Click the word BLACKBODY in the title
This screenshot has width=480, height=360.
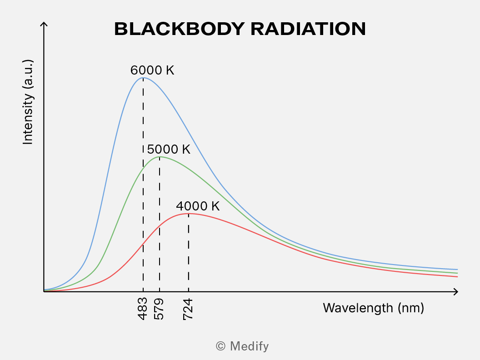(180, 29)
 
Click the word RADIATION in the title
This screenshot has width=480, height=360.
(308, 29)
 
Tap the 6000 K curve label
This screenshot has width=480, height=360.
(152, 70)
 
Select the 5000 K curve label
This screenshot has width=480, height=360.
(169, 150)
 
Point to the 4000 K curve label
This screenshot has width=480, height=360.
(198, 206)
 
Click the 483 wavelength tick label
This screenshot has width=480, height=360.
(143, 309)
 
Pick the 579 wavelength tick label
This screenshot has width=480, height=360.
(159, 309)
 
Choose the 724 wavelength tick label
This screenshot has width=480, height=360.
(188, 309)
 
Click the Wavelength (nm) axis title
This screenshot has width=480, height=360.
(374, 308)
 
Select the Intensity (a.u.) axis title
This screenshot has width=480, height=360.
(28, 102)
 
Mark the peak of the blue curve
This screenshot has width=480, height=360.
(143, 78)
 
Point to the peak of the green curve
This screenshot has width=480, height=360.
(160, 157)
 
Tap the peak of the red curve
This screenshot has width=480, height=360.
(189, 213)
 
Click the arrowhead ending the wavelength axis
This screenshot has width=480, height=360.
(456, 292)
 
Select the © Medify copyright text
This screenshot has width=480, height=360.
(242, 346)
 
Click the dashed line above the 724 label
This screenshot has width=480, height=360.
(189, 253)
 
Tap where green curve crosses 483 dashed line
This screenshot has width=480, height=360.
(143, 167)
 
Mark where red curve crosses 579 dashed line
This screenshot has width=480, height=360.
(160, 226)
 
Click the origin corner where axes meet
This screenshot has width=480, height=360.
(44, 292)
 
